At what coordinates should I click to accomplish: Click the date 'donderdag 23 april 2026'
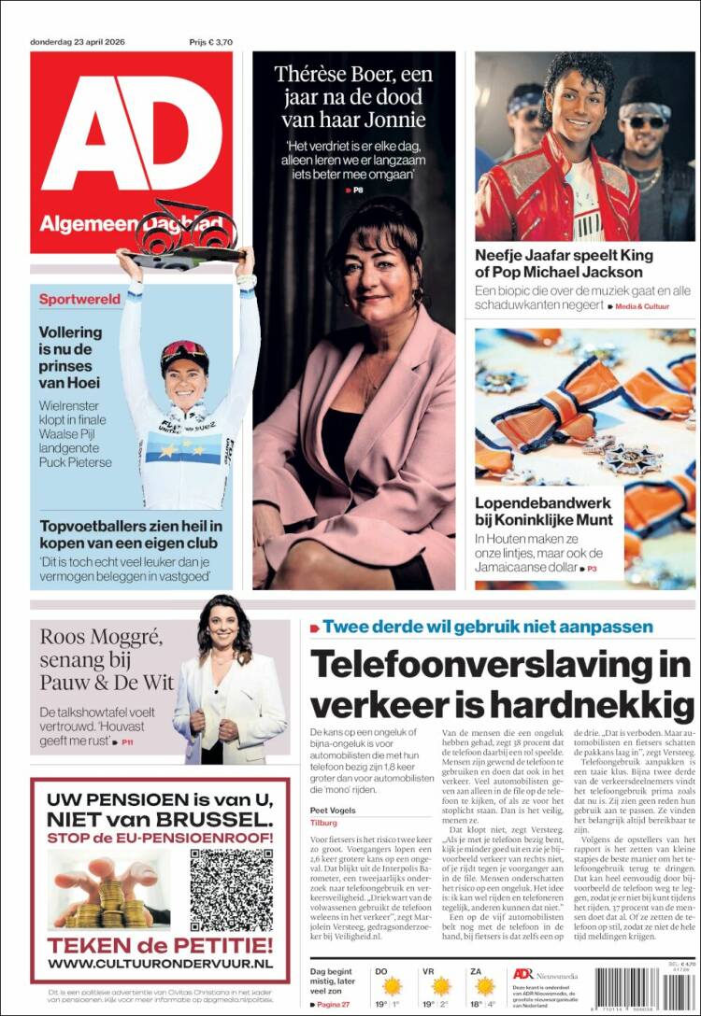85,41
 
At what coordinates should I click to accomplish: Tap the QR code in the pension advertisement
231,890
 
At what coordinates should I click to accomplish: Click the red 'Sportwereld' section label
79,300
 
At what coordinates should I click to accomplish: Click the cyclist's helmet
184,354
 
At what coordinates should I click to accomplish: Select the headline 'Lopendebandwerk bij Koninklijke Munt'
544,511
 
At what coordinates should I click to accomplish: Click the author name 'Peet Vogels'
334,810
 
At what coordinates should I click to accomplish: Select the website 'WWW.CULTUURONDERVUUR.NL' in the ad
160,962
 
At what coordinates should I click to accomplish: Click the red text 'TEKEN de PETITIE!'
160,943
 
